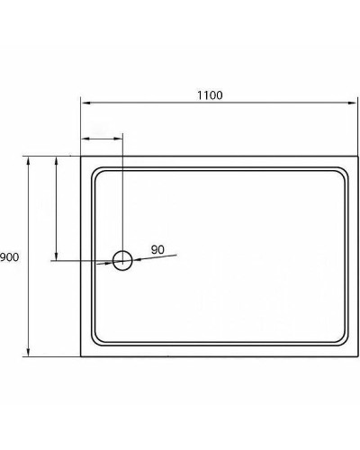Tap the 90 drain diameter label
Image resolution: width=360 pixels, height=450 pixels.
[157, 249]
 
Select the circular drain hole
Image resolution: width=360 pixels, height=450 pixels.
[122, 261]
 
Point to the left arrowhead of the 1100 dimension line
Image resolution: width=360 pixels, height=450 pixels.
[85, 104]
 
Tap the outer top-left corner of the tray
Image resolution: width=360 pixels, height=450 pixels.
[81, 157]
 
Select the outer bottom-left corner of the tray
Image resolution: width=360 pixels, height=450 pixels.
[81, 356]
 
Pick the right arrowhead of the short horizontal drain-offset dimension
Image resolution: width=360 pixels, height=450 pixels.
[119, 139]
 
